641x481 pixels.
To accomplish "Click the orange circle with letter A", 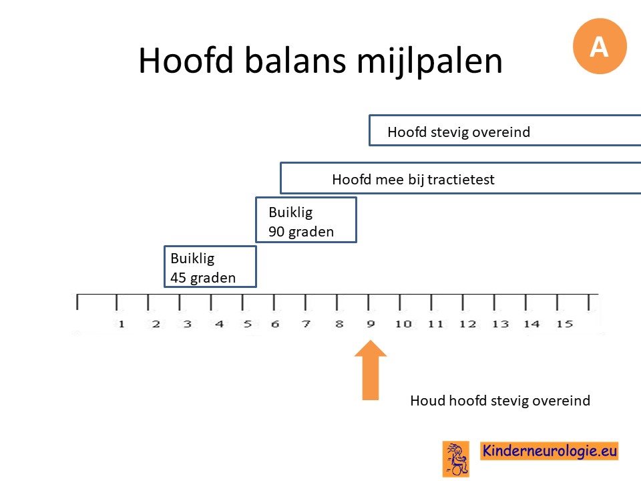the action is pos(600,46).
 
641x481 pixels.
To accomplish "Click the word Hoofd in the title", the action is pos(186,60).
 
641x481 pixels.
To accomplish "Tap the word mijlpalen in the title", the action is pos(429,62).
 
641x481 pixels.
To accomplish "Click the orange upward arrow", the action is pos(371,369).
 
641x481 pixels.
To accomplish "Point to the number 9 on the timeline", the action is pos(371,324).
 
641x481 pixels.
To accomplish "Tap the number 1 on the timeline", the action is pos(121,324).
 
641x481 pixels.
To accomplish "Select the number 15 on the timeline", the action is pos(564,324).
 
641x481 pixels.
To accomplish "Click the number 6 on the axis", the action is pos(275,324).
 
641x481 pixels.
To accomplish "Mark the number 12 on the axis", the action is pos(467,324).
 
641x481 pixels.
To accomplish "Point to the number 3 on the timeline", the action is pos(187,324).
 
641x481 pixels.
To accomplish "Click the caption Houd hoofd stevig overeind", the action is pos(500,400).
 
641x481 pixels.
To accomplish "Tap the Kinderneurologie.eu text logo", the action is pos(549,451).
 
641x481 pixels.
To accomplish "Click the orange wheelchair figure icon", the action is pos(456,459).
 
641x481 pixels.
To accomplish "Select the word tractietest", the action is pos(461,179).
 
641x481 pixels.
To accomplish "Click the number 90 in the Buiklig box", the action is pos(276,232).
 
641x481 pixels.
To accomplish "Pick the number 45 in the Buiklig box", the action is pos(178,278).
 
